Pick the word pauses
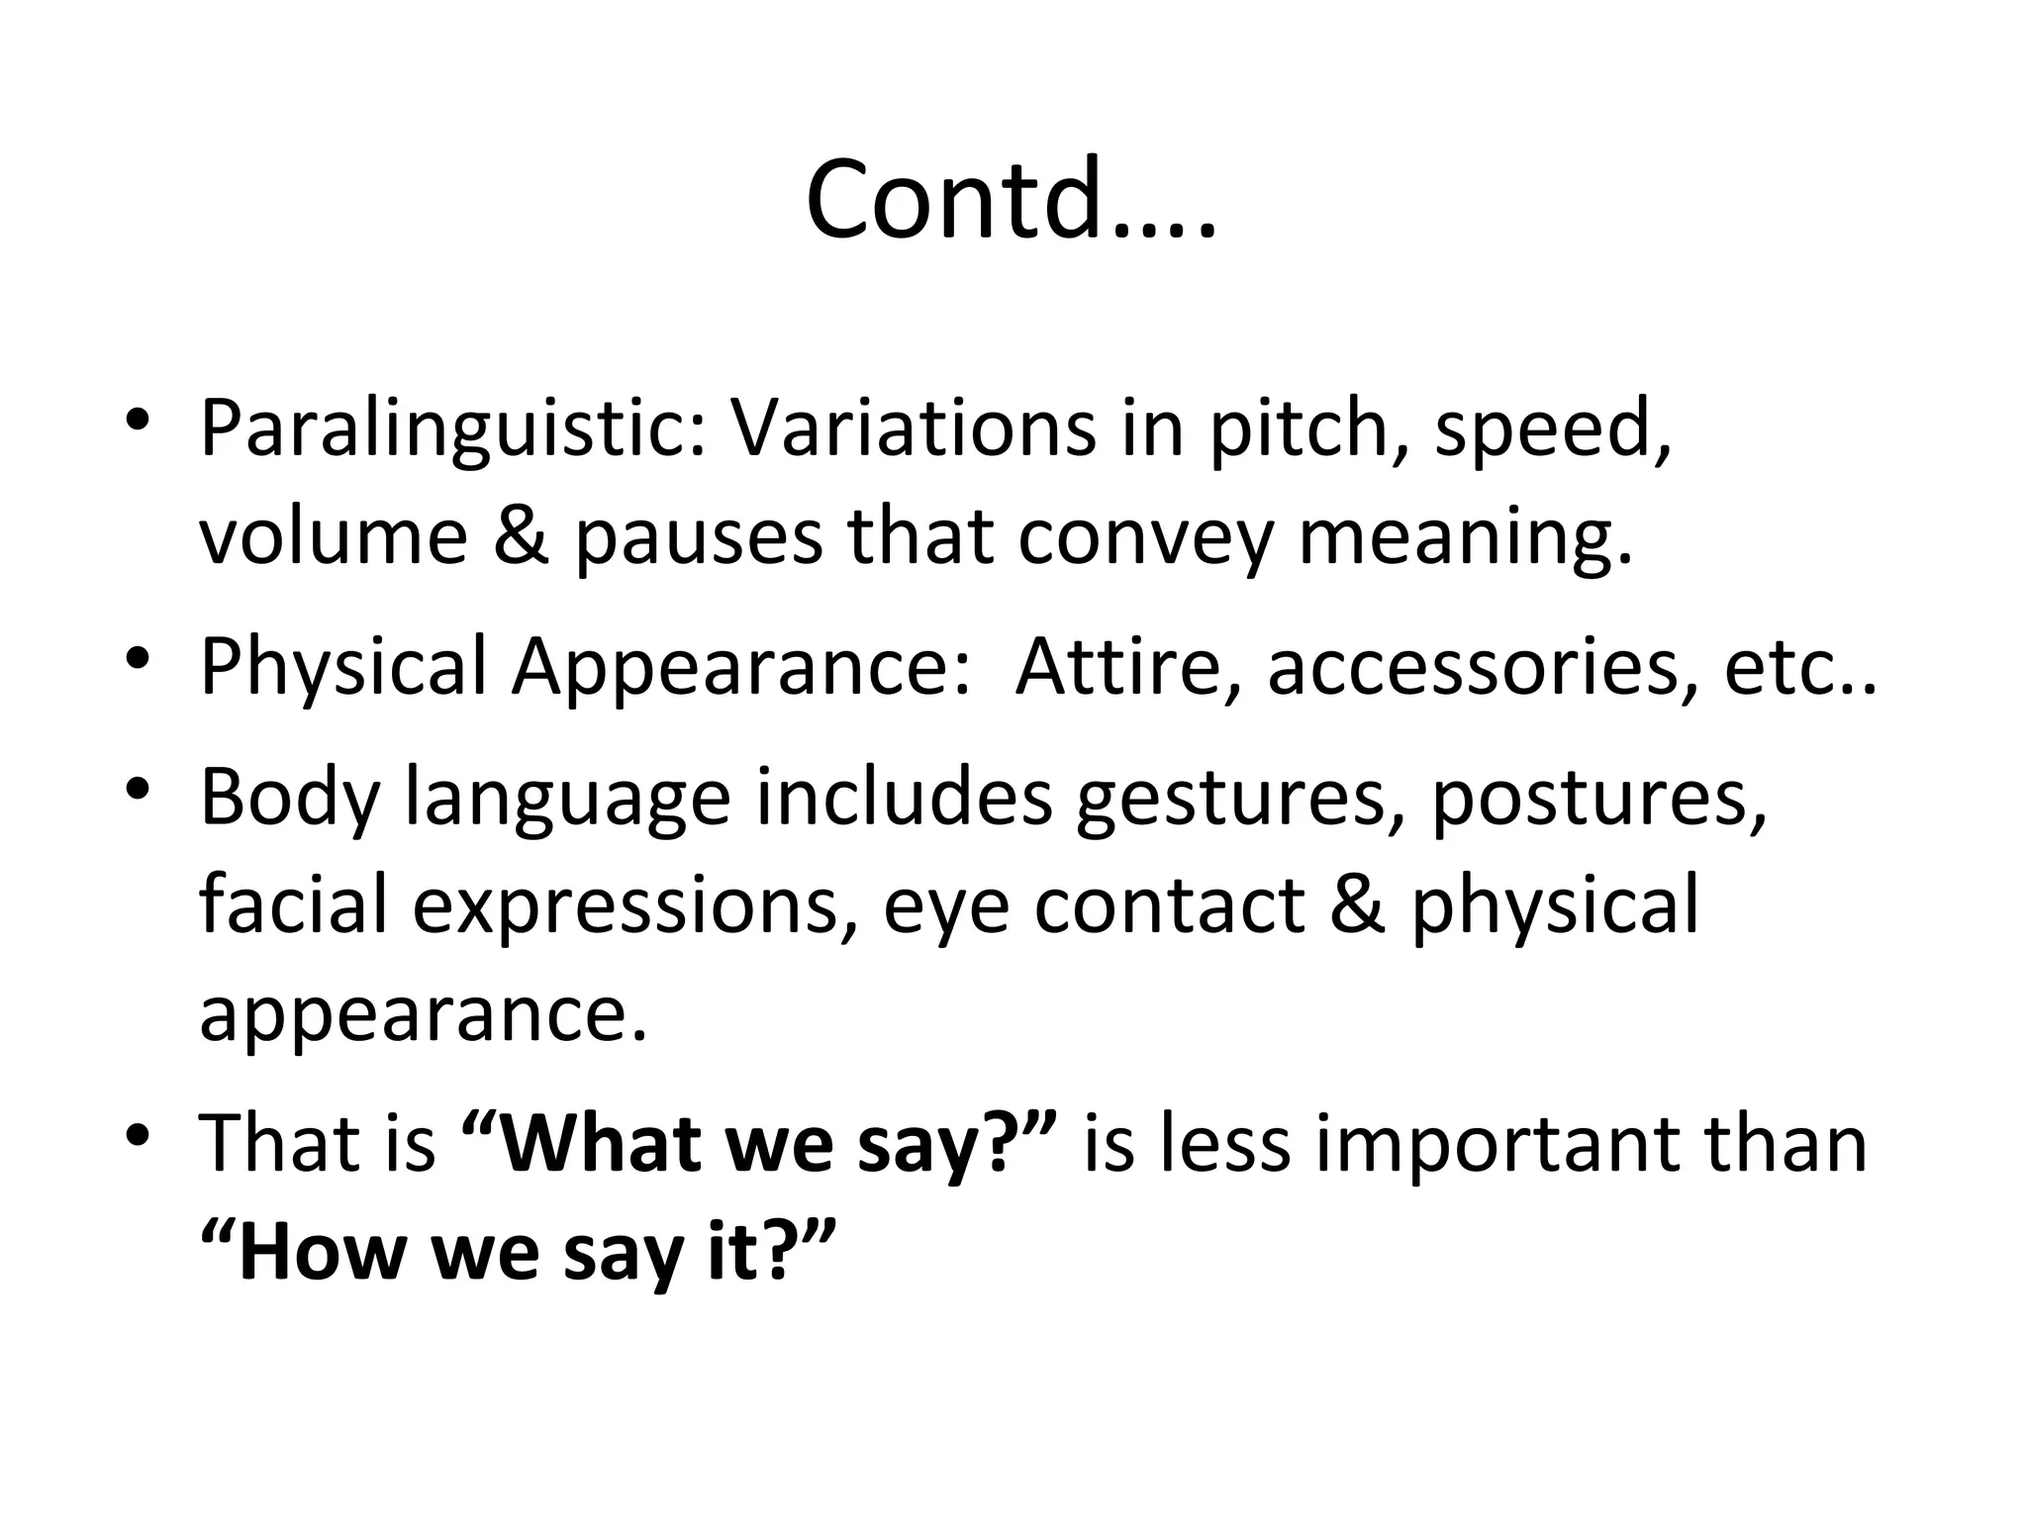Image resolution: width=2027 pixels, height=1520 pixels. coord(699,539)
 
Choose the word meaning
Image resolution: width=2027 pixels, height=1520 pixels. coord(1465,539)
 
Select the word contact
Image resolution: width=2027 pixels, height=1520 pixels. coord(1169,905)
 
